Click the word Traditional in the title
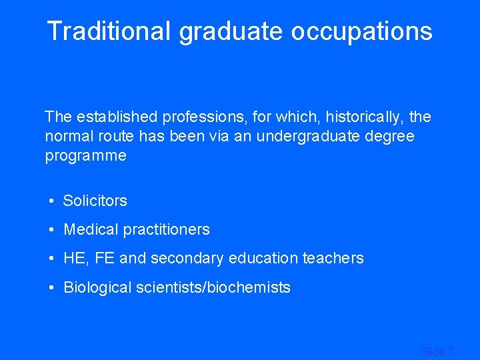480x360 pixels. click(x=108, y=31)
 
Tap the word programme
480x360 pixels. click(x=85, y=156)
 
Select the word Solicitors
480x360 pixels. click(x=95, y=201)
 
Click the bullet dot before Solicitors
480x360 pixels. click(x=51, y=201)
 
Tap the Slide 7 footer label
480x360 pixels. click(x=437, y=351)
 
